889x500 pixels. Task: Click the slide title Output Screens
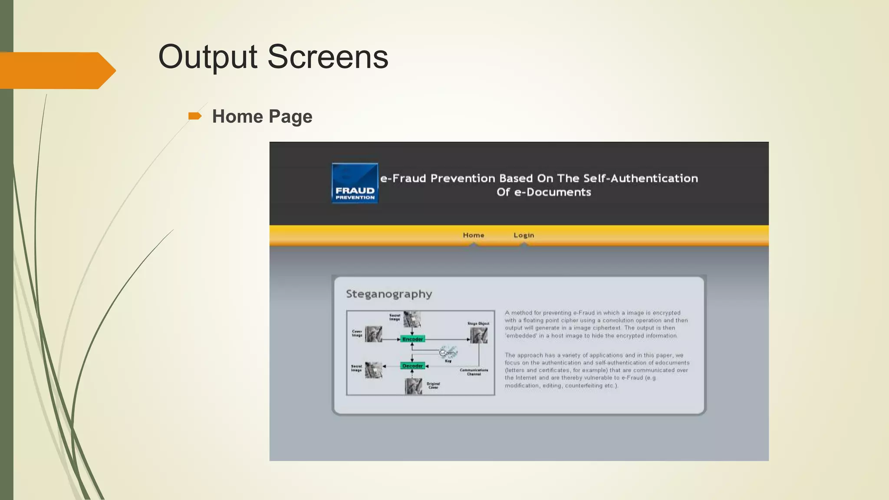pos(273,57)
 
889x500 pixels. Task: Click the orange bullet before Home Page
pos(194,116)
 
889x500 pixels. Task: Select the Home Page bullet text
pos(262,116)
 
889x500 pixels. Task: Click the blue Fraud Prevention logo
pos(355,183)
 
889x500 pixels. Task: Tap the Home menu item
pos(473,235)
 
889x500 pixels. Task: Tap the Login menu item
pos(524,235)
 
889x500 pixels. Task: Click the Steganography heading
pos(389,294)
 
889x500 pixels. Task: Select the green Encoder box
pos(412,339)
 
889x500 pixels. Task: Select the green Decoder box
pos(412,366)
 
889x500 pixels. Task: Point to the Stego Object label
pos(478,323)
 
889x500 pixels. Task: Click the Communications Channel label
pos(474,372)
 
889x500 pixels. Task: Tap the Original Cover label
pos(433,385)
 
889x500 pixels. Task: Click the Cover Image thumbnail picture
pos(373,334)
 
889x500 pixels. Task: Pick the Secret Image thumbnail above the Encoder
pos(412,319)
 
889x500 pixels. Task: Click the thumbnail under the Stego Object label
pos(479,335)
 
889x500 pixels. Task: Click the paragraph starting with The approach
pos(596,370)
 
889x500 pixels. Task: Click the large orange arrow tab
pos(56,70)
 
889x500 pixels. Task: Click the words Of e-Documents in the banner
pos(543,192)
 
